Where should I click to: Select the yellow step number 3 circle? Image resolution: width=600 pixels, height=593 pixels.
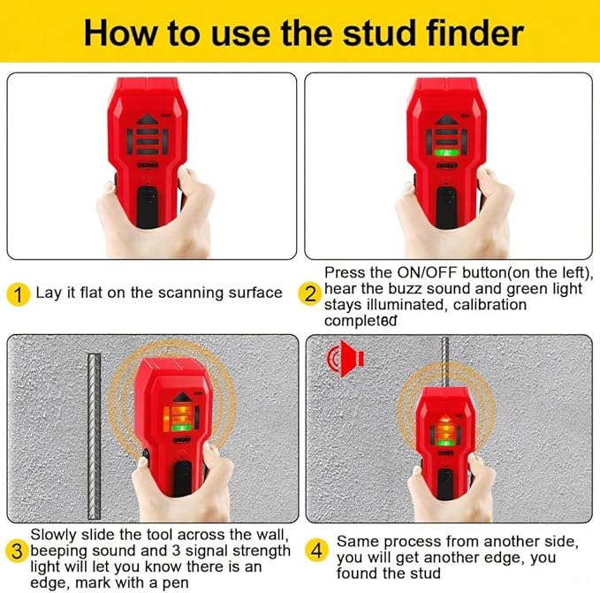pos(17,551)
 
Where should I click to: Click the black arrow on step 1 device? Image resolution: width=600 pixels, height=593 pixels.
pos(148,117)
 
